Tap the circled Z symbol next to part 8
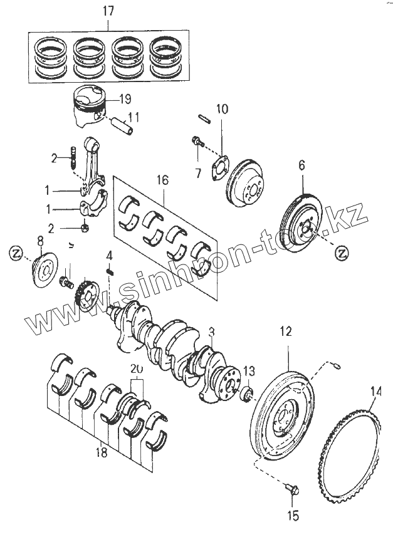pyautogui.click(x=18, y=253)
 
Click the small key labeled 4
pyautogui.click(x=110, y=271)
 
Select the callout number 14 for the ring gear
pyautogui.click(x=375, y=392)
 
